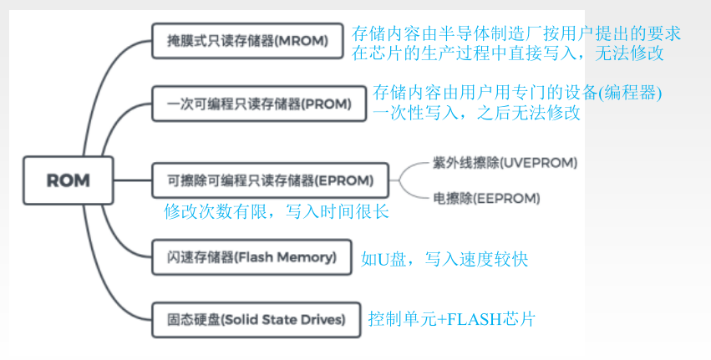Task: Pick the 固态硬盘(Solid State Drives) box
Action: (x=251, y=319)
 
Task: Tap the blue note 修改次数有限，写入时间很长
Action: (x=276, y=211)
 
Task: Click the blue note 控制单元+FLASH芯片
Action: (x=451, y=319)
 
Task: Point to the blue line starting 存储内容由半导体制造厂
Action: (x=516, y=34)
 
